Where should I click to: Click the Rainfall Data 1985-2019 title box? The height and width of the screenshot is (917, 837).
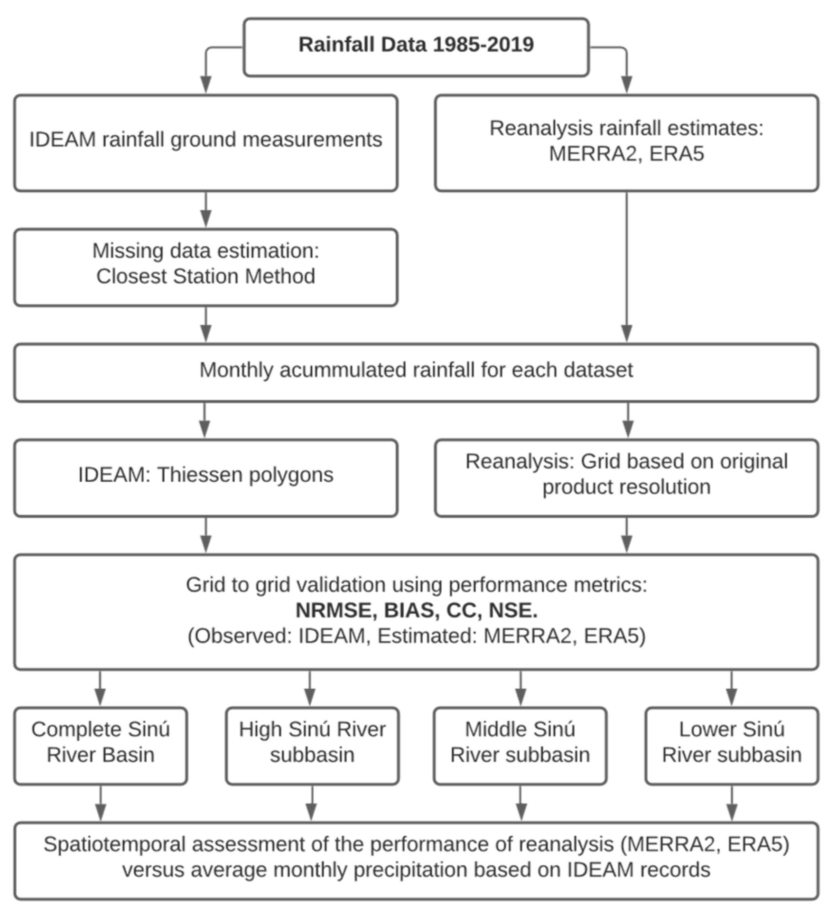coord(416,47)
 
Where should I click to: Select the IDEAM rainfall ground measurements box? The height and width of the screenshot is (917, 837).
coord(205,142)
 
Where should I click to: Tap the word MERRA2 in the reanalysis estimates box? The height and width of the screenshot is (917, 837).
coord(592,154)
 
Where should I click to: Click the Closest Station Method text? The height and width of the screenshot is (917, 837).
coord(205,276)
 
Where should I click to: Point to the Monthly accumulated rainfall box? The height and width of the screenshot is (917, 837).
coord(416,372)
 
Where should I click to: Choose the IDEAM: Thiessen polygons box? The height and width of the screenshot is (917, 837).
coord(205,477)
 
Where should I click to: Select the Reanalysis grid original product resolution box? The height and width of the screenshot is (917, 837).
coord(626,477)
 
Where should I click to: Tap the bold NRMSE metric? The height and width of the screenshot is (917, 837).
coord(335,610)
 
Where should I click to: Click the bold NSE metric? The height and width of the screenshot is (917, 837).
coord(513,610)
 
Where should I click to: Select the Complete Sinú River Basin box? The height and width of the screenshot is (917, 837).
coord(101,745)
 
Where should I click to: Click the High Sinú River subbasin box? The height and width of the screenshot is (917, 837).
coord(312,745)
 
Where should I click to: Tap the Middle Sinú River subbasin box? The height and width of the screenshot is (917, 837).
coord(520,745)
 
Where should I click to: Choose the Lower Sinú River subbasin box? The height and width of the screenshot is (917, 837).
coord(732,745)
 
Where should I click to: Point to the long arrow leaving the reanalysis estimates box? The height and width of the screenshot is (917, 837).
coord(626,266)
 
